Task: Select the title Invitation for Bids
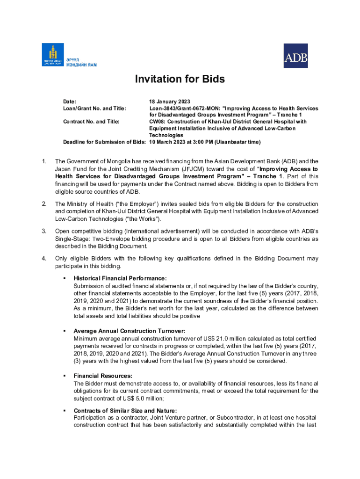point(180,79)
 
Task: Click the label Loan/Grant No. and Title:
point(94,109)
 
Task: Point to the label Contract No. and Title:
point(91,122)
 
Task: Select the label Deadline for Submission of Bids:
point(105,142)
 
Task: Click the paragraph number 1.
point(44,162)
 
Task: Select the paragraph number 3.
point(44,231)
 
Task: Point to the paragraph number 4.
point(44,258)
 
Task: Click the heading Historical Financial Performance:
point(120,278)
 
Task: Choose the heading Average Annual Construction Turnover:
point(130,331)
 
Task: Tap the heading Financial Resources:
point(103,376)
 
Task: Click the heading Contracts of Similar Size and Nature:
point(125,411)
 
